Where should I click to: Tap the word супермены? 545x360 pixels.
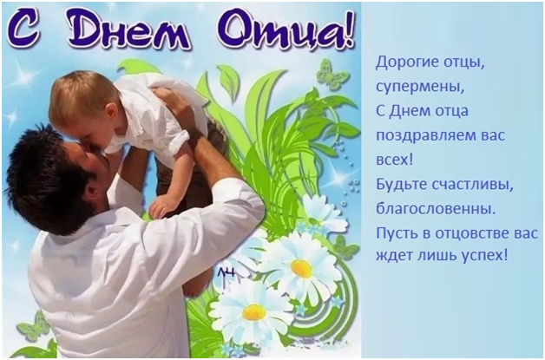pyautogui.click(x=420, y=87)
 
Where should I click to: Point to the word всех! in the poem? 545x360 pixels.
pyautogui.click(x=395, y=160)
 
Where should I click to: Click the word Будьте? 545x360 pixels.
pyautogui.click(x=401, y=184)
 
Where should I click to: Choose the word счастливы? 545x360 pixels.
pyautogui.click(x=473, y=185)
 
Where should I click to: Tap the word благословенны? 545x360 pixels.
pyautogui.click(x=436, y=209)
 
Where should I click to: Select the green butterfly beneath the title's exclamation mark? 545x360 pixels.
pyautogui.click(x=331, y=75)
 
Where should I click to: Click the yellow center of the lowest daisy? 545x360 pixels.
pyautogui.click(x=253, y=312)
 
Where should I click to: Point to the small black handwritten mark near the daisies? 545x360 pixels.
pyautogui.click(x=227, y=272)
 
